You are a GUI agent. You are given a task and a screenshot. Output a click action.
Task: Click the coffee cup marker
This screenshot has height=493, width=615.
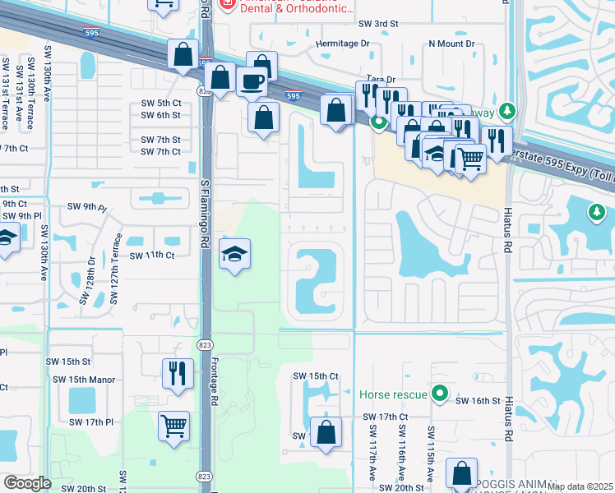pyautogui.click(x=252, y=81)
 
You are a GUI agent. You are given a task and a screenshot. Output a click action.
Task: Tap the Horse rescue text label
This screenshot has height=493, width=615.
pyautogui.click(x=393, y=394)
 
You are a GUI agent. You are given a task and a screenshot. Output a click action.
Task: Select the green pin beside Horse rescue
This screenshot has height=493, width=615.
pyautogui.click(x=440, y=394)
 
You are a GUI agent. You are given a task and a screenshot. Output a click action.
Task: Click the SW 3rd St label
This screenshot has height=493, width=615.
pyautogui.click(x=374, y=24)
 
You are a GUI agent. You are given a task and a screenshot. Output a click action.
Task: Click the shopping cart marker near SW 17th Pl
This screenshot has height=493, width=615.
pyautogui.click(x=174, y=426)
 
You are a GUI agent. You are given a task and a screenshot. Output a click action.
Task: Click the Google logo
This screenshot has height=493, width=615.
pyautogui.click(x=28, y=483)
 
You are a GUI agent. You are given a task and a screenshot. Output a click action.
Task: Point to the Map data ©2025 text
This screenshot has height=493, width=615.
pyautogui.click(x=579, y=486)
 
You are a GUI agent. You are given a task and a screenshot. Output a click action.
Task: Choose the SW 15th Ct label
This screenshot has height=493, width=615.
pyautogui.click(x=317, y=376)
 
